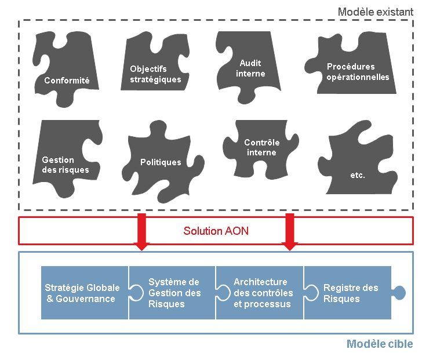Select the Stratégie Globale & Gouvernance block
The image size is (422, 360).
tap(83, 293)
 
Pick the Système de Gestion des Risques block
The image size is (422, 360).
tap(173, 293)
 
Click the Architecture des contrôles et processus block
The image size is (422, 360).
tap(262, 293)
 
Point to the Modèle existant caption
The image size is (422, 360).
tap(376, 11)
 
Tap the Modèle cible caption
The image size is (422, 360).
tap(380, 344)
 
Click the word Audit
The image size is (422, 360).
tap(250, 63)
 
